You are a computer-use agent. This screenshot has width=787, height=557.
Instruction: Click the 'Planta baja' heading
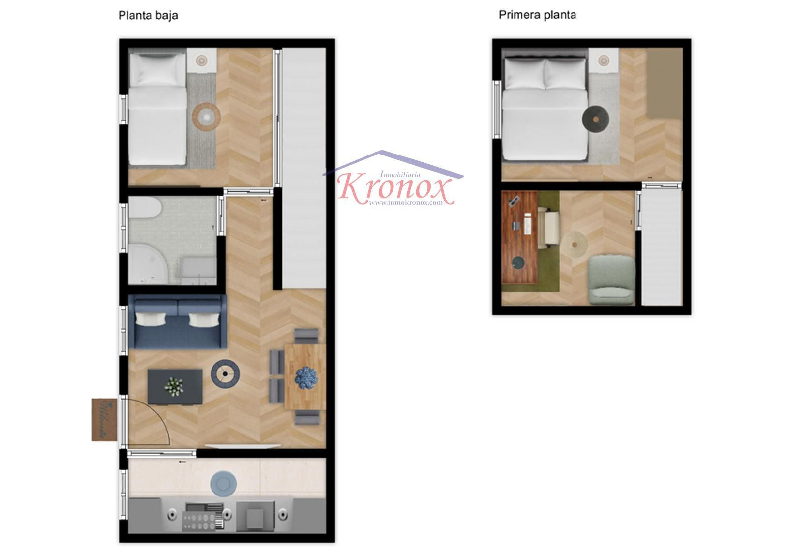[148, 16]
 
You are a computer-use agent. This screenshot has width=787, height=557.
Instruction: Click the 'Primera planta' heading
[537, 15]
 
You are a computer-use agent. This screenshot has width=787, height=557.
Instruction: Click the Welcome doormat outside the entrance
[104, 420]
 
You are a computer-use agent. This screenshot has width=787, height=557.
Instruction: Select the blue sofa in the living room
[178, 321]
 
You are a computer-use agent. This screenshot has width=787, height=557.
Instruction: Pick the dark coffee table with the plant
[175, 387]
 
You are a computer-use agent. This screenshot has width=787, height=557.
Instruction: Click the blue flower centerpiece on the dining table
[306, 378]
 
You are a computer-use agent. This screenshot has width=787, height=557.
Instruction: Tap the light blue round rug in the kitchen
[223, 484]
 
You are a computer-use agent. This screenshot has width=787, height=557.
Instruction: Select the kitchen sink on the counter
[255, 517]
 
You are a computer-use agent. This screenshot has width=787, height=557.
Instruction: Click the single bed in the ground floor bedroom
[157, 107]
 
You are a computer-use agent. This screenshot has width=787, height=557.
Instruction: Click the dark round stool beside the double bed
[596, 119]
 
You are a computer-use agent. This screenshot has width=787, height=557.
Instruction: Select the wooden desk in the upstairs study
[519, 237]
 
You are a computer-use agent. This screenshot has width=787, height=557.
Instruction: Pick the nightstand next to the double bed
[604, 61]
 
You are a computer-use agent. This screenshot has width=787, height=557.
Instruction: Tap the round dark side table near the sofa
[225, 374]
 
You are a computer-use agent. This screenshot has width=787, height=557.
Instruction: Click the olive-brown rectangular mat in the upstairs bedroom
[665, 83]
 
